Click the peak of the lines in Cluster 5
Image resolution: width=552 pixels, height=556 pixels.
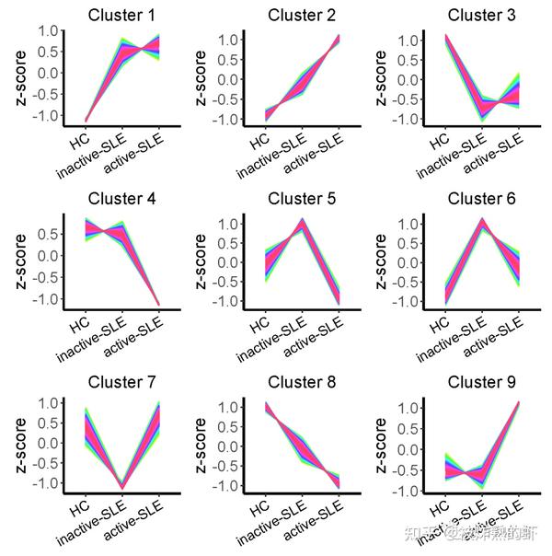[x=302, y=221]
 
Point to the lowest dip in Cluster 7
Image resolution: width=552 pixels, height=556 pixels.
[x=121, y=487]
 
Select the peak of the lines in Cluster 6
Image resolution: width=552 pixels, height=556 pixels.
[x=482, y=221]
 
